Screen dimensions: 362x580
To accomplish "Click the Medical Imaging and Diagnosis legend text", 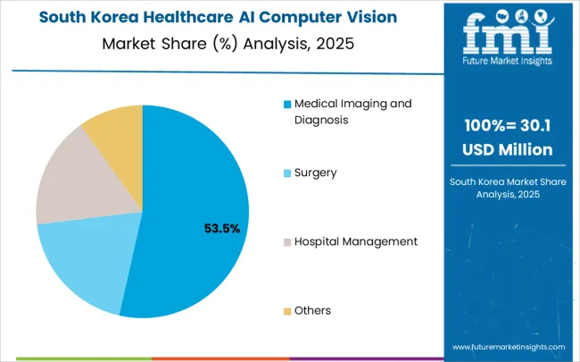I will pyautogui.click(x=348, y=112).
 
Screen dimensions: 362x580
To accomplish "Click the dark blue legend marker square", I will pyautogui.click(x=287, y=104).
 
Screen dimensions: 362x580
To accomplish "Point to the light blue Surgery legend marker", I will pyautogui.click(x=287, y=173).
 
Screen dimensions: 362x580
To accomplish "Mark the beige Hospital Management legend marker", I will pyautogui.click(x=287, y=241).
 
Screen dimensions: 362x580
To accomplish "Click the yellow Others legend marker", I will pyautogui.click(x=287, y=311).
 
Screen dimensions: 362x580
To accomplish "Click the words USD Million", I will pyautogui.click(x=507, y=149).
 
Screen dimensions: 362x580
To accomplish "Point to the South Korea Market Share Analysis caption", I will pyautogui.click(x=507, y=188).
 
